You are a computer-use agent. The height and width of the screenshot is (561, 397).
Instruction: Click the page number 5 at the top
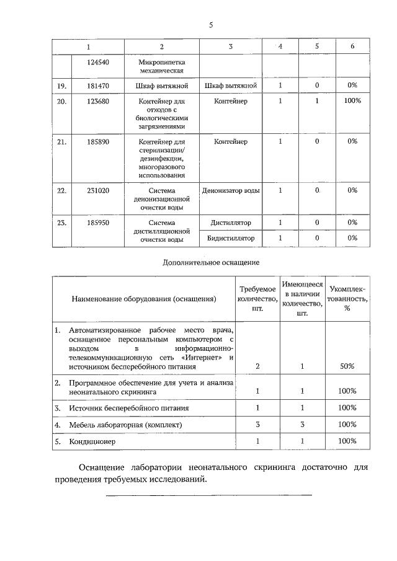pos(211,25)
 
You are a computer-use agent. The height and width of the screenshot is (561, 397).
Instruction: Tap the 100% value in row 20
pos(352,101)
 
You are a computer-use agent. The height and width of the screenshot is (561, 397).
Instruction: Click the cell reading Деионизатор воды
pos(230,191)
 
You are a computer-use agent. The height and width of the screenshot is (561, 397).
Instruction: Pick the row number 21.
pos(61,142)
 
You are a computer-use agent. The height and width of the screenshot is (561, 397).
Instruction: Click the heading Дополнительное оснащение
pos(211,262)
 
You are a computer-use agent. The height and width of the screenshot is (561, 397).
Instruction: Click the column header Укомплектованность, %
pos(347,299)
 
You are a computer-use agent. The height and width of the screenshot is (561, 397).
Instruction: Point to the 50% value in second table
pos(347,366)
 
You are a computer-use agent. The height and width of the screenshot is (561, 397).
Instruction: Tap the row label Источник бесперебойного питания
pos(129,409)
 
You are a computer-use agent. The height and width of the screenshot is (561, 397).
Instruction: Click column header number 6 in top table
pos(352,47)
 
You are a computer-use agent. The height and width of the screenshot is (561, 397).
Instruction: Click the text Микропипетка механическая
pos(161,66)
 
